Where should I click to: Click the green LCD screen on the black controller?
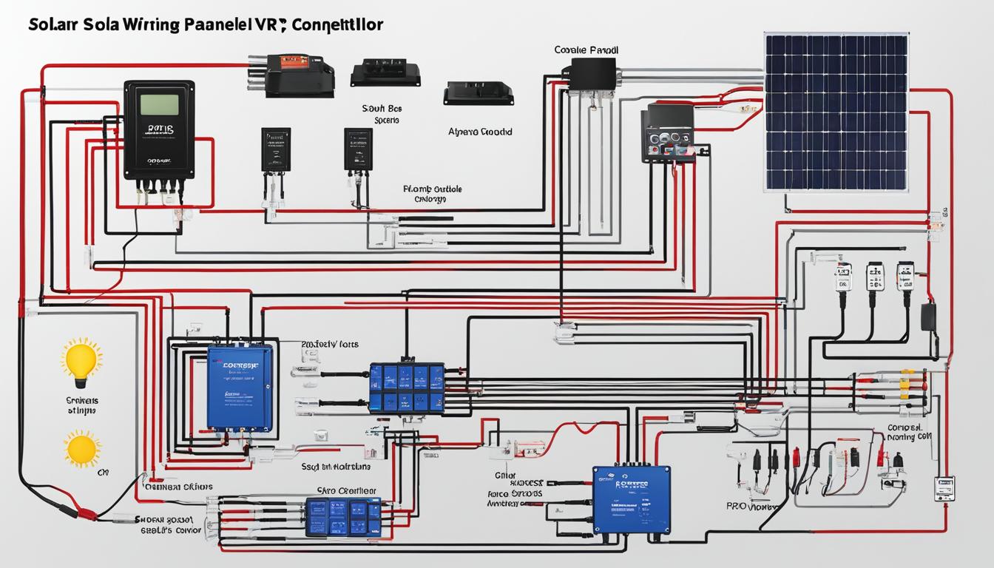[x=159, y=104]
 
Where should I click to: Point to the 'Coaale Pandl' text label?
[x=586, y=50]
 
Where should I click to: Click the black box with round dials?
[x=666, y=134]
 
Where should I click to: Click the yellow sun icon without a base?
[x=81, y=450]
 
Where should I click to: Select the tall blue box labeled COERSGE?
[x=239, y=388]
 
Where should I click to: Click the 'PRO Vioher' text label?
[x=752, y=508]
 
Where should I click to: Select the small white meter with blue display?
[x=944, y=488]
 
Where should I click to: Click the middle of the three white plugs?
[x=874, y=277]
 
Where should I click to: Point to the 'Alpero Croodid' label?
[x=480, y=132]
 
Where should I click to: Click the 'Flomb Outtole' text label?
[x=433, y=189]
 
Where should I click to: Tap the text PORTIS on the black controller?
[x=159, y=129]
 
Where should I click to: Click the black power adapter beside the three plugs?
[x=927, y=317]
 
